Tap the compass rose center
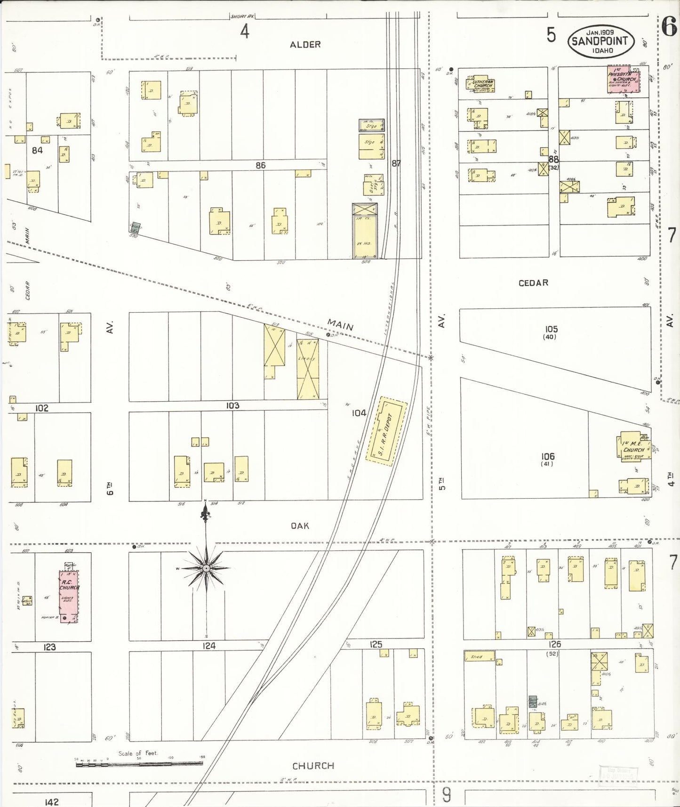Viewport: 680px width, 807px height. (x=206, y=569)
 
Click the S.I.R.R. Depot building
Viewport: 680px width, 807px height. (x=386, y=431)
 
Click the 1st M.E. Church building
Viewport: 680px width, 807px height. (x=632, y=446)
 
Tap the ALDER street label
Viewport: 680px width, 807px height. (x=305, y=45)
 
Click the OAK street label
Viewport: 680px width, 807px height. (x=300, y=525)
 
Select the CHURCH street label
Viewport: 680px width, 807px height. (x=313, y=766)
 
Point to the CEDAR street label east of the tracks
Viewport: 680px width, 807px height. (x=533, y=283)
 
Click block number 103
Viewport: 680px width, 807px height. (x=232, y=405)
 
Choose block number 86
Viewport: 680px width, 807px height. (x=260, y=165)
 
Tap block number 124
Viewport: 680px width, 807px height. (x=209, y=646)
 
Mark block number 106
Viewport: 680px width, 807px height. (x=547, y=456)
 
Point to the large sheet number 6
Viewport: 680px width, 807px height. (x=669, y=27)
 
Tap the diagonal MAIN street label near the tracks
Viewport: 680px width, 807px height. (x=340, y=324)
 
